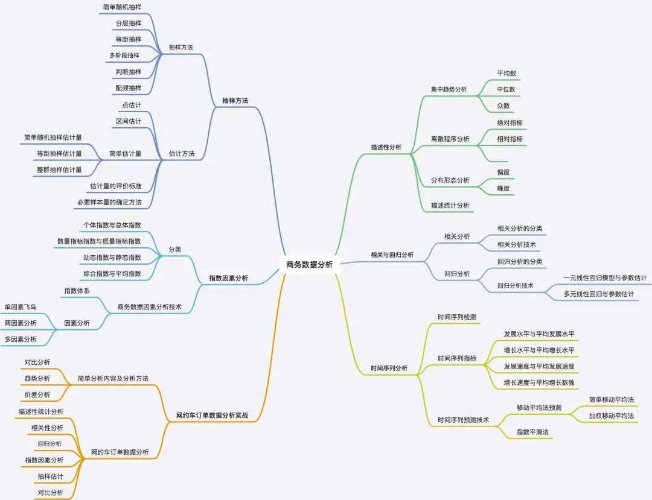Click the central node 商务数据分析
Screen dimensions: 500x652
(310, 264)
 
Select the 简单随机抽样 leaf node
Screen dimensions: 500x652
(122, 7)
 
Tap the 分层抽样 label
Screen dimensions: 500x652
(128, 24)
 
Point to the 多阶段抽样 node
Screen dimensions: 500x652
(124, 55)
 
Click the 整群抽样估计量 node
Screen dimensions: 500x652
(59, 169)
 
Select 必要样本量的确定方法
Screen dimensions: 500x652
(109, 202)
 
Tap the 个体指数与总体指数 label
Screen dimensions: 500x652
(112, 225)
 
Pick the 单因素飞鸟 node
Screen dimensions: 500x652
(21, 306)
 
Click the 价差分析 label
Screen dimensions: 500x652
(37, 394)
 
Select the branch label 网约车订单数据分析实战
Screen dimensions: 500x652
(212, 416)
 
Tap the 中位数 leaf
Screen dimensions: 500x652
(506, 89)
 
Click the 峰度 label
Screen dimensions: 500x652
(503, 188)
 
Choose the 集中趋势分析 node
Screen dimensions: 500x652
(449, 89)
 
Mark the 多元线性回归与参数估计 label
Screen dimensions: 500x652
(599, 294)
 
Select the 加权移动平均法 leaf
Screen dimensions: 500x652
(611, 416)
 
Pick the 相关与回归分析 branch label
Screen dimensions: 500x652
(392, 255)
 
